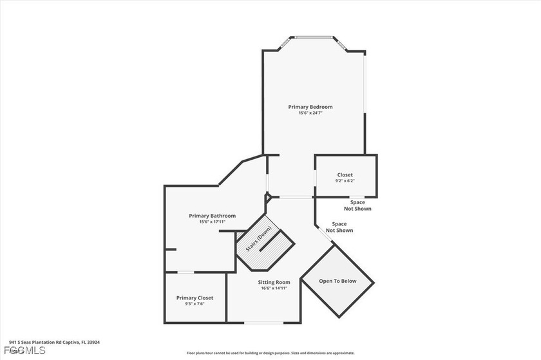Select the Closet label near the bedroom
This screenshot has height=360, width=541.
[345, 175]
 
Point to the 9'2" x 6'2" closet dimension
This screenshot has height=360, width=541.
[345, 181]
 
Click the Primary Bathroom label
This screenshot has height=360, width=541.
[212, 216]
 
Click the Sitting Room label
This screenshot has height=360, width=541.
[274, 282]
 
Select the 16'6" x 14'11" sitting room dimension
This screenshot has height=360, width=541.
[274, 289]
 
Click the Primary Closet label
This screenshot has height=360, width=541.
[195, 298]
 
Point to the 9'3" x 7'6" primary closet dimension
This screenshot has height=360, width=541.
[195, 304]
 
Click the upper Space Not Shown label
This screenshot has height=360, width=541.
[357, 205]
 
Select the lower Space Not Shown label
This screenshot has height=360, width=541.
[339, 227]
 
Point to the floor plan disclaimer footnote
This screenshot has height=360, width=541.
[270, 353]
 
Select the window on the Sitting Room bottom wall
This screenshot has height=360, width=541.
[262, 323]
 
